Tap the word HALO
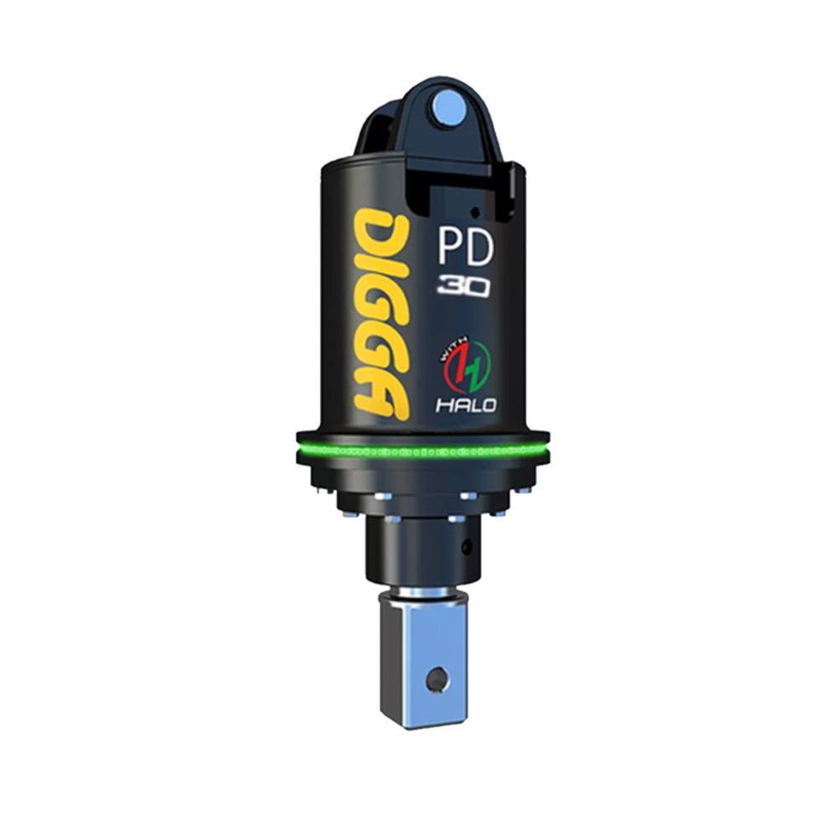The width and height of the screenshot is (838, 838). click(x=467, y=405)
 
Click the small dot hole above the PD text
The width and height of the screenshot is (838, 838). click(x=474, y=210)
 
